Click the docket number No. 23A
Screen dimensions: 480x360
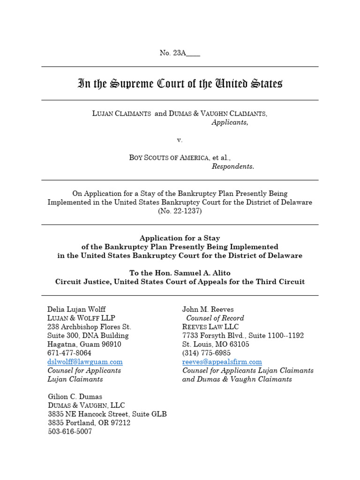point(180,53)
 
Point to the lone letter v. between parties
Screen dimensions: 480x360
point(180,140)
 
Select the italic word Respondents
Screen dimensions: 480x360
point(233,166)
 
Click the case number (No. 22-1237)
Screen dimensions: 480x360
point(180,211)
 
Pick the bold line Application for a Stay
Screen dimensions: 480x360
point(180,238)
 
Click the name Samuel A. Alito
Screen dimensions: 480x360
point(193,273)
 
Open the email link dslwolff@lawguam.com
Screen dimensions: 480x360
point(85,362)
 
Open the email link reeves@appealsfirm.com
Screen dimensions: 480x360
point(222,362)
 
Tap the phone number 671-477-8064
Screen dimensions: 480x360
point(69,353)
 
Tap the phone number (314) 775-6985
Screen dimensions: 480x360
point(206,353)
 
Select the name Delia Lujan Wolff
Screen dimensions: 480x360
point(76,309)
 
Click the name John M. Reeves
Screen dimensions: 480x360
point(208,309)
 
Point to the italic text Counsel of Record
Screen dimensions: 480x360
point(215,318)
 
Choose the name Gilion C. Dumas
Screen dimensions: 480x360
point(75,397)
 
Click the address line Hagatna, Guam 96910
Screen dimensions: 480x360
point(84,344)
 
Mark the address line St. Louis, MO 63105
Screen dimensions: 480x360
point(216,344)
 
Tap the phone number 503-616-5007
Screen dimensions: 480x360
point(70,432)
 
